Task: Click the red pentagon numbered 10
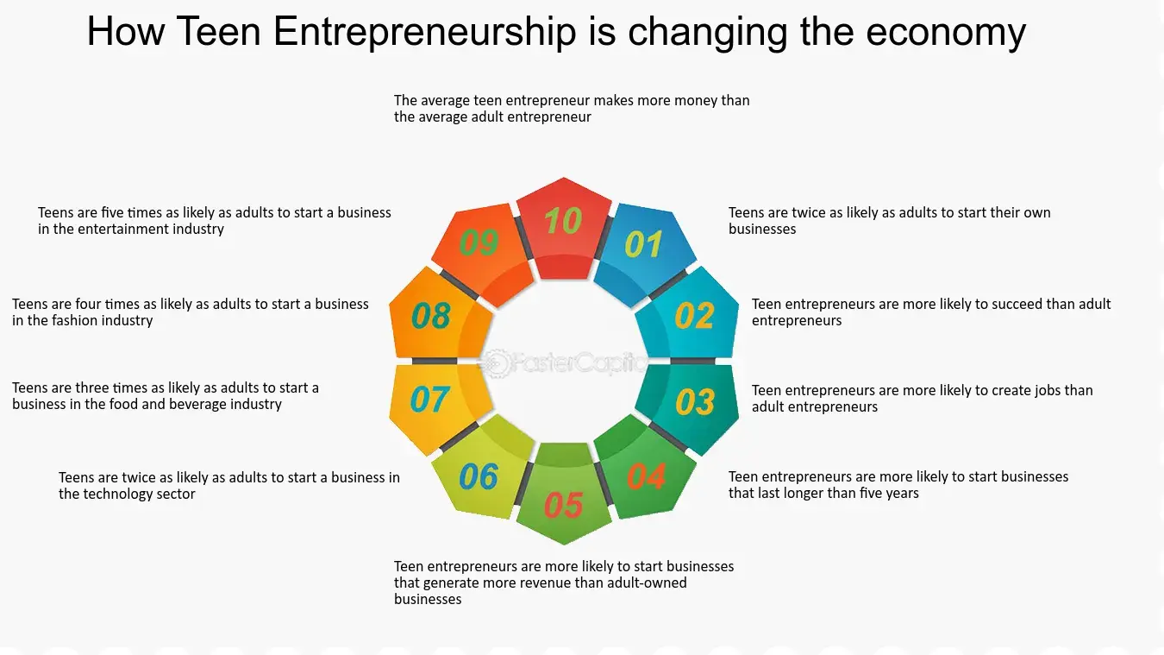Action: click(x=564, y=229)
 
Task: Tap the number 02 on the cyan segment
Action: click(x=695, y=315)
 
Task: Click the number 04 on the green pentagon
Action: click(x=647, y=476)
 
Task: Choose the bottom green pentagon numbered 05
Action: click(x=564, y=494)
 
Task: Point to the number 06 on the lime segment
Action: click(x=479, y=476)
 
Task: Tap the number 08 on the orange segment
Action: click(x=431, y=316)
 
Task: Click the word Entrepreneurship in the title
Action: click(x=424, y=32)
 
